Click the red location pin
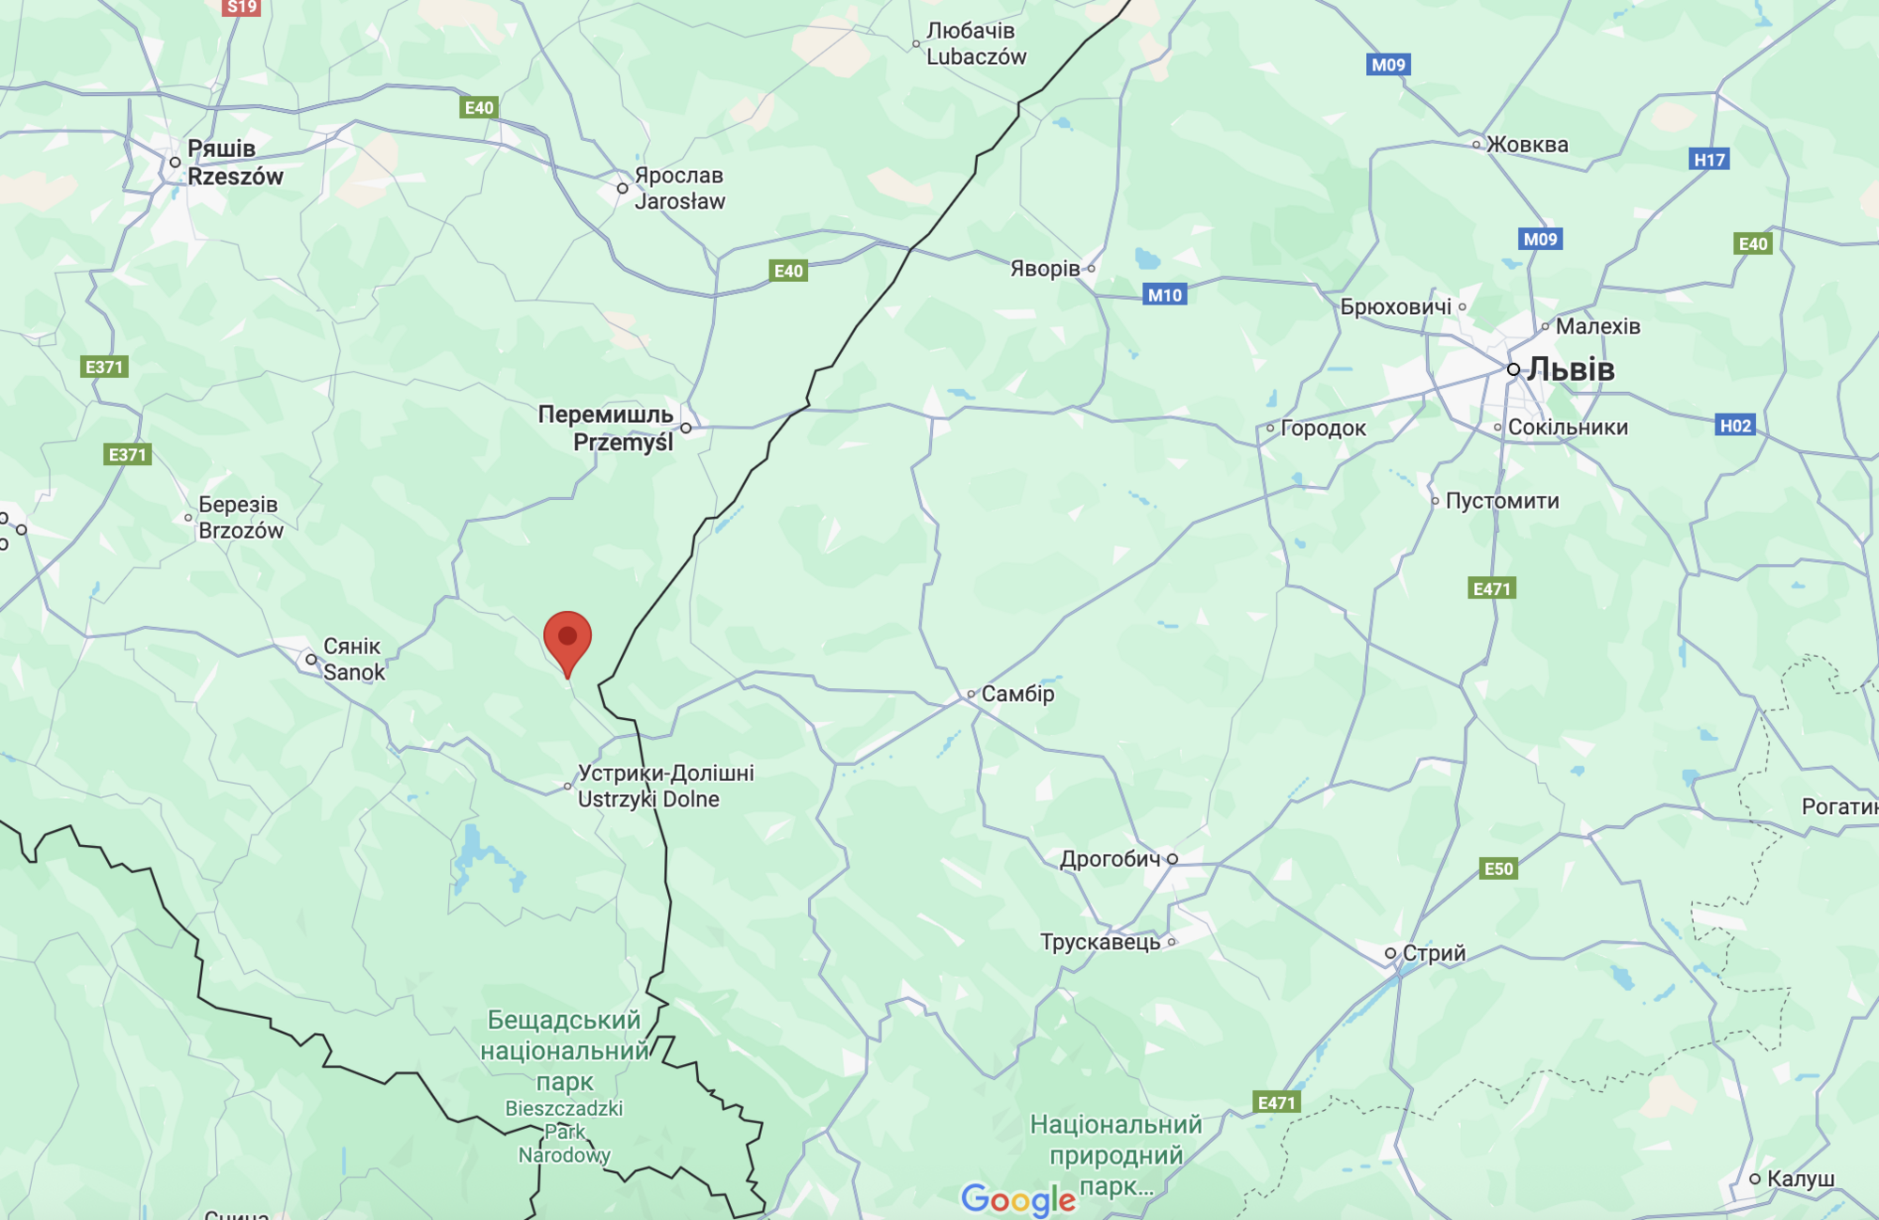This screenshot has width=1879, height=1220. (567, 639)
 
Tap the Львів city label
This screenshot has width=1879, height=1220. (1570, 369)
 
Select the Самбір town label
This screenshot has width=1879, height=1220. (1017, 694)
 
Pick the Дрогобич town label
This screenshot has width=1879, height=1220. (1110, 859)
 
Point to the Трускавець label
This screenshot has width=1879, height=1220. (1100, 942)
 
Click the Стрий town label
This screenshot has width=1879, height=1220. (1434, 953)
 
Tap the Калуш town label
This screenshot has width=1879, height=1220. (1800, 1179)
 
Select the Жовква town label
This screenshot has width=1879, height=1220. (1527, 145)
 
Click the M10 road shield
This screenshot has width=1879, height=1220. (1165, 295)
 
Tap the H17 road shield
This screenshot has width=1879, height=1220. (1709, 160)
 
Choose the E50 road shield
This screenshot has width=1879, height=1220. (1499, 868)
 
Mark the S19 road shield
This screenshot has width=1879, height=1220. (241, 8)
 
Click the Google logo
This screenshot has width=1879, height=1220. (1018, 1199)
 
